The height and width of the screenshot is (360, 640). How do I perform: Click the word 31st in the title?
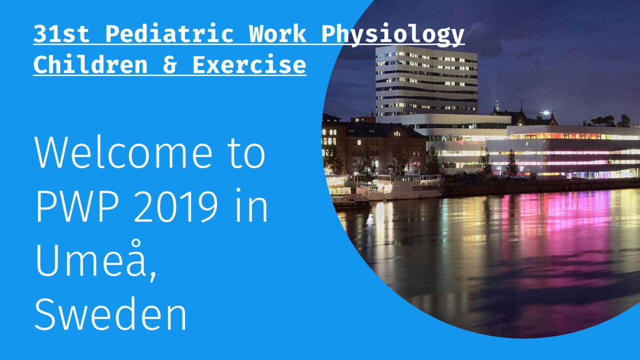coord(61,34)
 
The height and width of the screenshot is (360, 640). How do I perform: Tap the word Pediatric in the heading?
coord(169,34)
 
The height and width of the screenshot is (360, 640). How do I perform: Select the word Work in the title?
coord(277,34)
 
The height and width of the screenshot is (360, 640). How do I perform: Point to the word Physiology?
coord(393,35)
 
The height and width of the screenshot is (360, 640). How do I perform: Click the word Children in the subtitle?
coord(90,64)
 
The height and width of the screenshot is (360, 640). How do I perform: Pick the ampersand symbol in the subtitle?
coord(169,65)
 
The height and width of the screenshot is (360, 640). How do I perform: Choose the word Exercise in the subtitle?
coord(249,64)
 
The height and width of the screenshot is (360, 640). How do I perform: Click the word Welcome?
coord(123,152)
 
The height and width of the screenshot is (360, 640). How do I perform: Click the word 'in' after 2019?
coord(251,205)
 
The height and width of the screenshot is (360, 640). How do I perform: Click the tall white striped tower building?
coord(426,81)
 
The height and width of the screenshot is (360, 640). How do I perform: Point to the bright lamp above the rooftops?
coord(546,112)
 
